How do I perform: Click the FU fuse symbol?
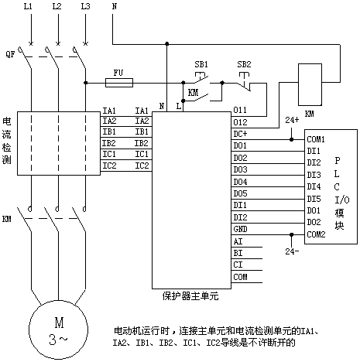(119, 83)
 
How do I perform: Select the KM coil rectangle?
(310, 84)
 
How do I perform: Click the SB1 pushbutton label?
(201, 64)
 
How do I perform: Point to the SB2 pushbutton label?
(244, 64)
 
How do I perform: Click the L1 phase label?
(28, 6)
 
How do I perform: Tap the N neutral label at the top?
(115, 6)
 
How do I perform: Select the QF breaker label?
(10, 54)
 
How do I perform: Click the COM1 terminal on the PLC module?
(316, 139)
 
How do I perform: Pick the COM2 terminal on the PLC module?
(316, 234)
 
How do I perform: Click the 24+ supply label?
(292, 120)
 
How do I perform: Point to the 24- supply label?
(292, 251)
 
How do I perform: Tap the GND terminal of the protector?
(240, 229)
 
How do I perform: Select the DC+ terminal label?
(240, 134)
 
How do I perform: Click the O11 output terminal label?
(240, 110)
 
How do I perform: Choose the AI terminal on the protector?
(238, 241)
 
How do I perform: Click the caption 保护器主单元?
(190, 296)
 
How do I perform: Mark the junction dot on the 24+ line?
(292, 139)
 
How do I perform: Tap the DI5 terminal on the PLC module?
(314, 199)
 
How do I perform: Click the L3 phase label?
(85, 6)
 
